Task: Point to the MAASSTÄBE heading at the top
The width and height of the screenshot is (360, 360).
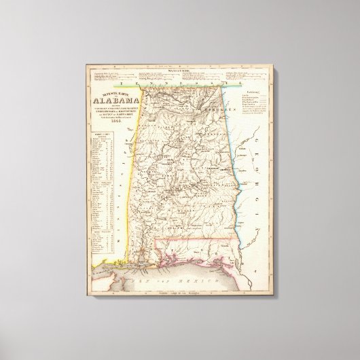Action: coord(177,68)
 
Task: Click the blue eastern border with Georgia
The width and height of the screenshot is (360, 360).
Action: coord(230,163)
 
